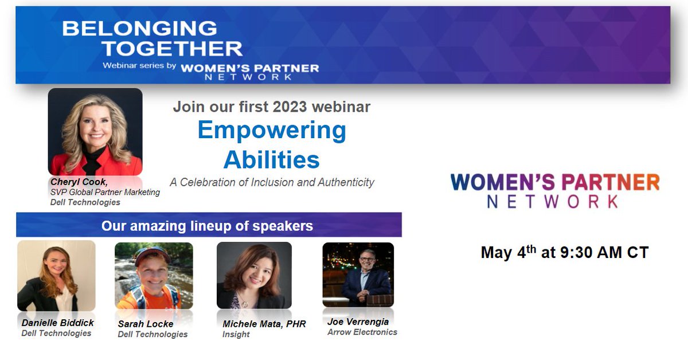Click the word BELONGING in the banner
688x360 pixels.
pyautogui.click(x=140, y=28)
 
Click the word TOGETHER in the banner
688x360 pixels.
pyautogui.click(x=172, y=48)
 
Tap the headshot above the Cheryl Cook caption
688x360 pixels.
pyautogui.click(x=95, y=131)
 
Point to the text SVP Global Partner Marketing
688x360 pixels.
pyautogui.click(x=105, y=192)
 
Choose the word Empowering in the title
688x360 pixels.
pyautogui.click(x=272, y=130)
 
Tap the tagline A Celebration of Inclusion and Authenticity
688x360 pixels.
pyautogui.click(x=272, y=182)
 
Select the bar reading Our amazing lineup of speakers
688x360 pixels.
pyautogui.click(x=208, y=225)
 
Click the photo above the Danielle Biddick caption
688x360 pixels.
pyautogui.click(x=56, y=276)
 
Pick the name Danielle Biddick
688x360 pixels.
pyautogui.click(x=57, y=323)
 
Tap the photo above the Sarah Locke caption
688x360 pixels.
pyautogui.click(x=154, y=276)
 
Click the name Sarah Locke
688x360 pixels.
pyautogui.click(x=145, y=324)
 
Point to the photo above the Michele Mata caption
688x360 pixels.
pyautogui.click(x=254, y=276)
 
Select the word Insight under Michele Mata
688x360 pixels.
pyautogui.click(x=236, y=334)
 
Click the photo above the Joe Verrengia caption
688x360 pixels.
pyautogui.click(x=358, y=275)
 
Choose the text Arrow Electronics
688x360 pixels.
pyautogui.click(x=362, y=332)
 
